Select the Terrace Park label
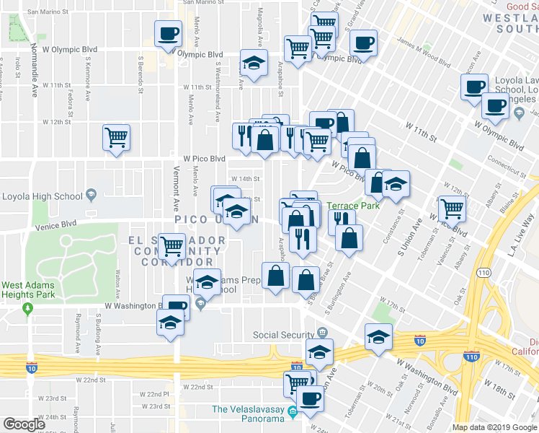point(353,206)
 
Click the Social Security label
point(284,335)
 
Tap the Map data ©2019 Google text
point(494,427)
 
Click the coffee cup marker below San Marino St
point(169,33)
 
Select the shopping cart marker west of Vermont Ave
point(116,136)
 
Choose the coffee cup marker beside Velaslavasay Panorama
point(311,398)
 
